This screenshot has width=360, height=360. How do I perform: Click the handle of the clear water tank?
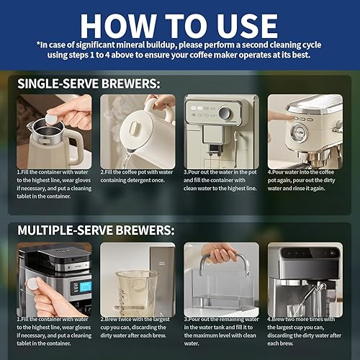[220, 256]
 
